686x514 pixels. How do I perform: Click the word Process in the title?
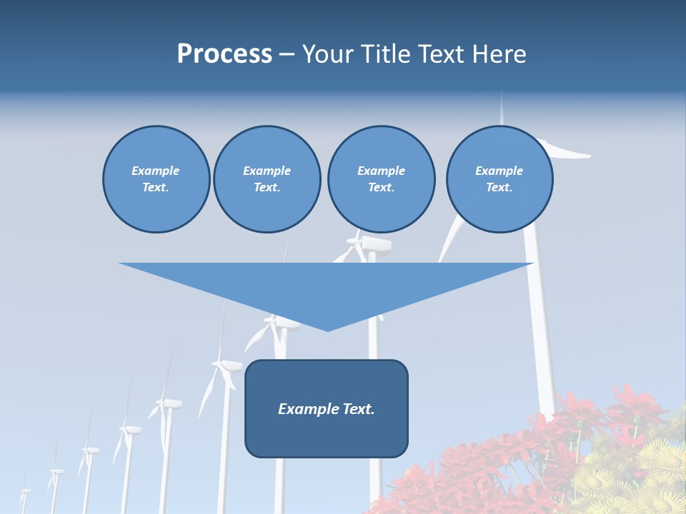point(224,54)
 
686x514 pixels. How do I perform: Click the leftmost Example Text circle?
point(156,179)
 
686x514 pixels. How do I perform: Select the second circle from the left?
point(267,179)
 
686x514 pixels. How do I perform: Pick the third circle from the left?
point(381,179)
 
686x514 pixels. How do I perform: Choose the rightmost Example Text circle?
point(499,179)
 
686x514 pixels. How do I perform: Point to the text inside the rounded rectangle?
point(327,409)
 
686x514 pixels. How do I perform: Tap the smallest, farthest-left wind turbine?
point(25,493)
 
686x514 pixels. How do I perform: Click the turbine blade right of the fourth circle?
point(568,151)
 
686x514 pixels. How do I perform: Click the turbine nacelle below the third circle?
point(374,244)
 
